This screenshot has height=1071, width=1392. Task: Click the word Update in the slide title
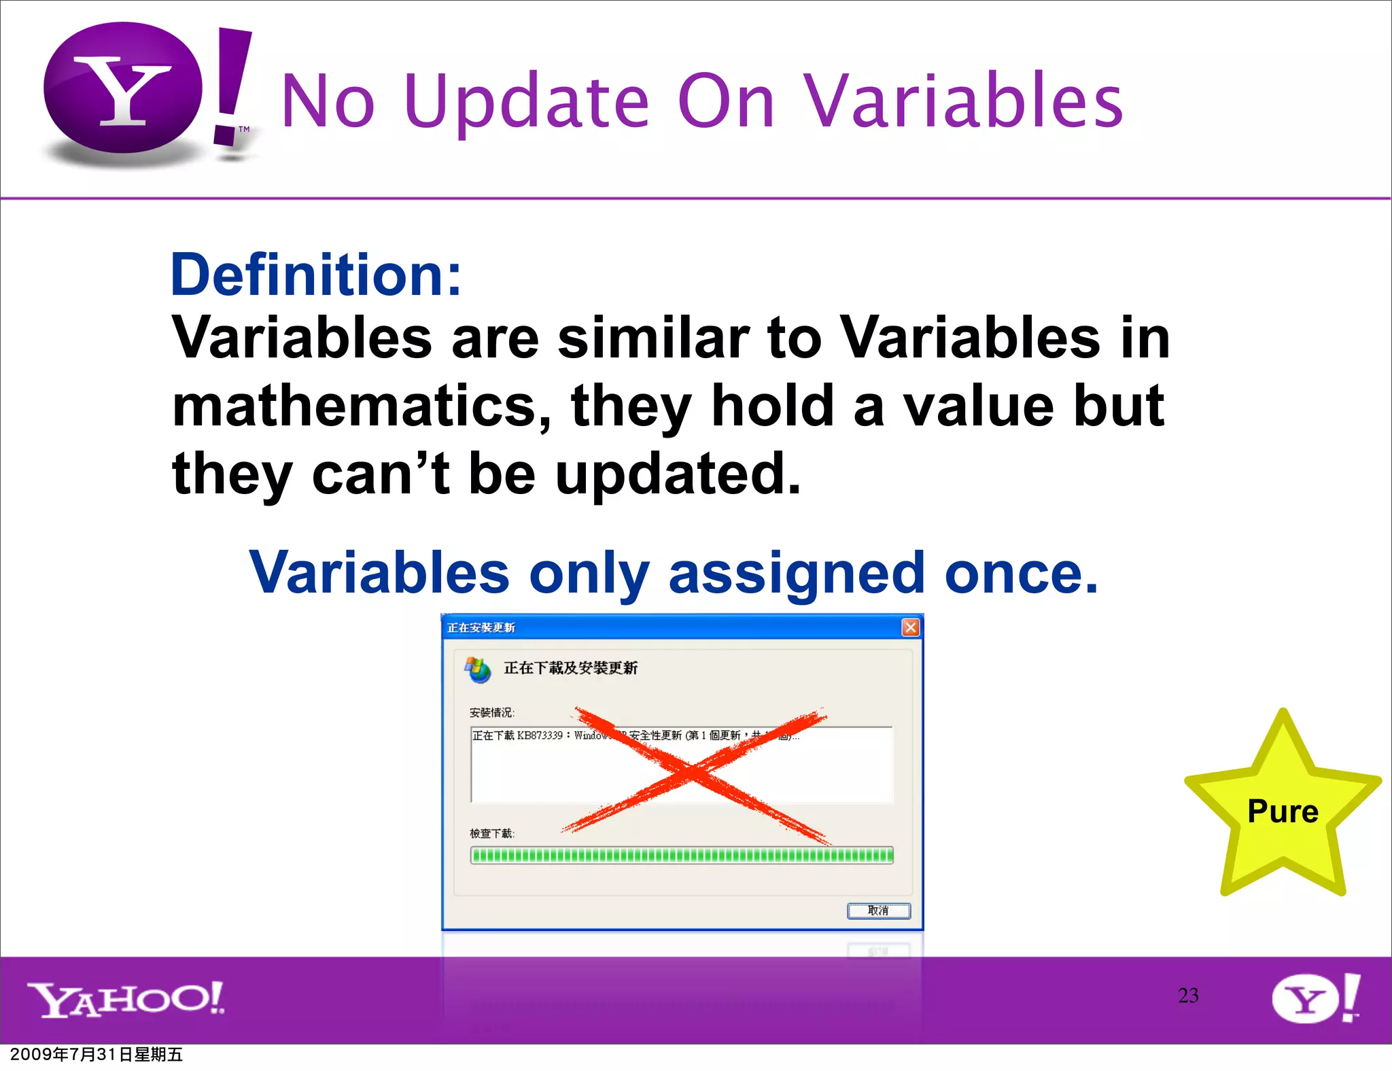527,102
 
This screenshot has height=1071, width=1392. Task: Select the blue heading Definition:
316,275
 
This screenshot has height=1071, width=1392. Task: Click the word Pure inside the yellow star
1283,811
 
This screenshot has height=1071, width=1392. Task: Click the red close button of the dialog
910,627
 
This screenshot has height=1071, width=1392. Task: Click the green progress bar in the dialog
682,855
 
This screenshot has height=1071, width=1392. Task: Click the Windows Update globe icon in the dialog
477,669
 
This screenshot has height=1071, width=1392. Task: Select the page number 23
1188,996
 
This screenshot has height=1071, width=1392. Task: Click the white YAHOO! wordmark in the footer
126,999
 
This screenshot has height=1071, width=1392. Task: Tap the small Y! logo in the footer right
1315,998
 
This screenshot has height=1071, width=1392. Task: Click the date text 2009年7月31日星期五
97,1055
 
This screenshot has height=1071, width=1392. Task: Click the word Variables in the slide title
963,102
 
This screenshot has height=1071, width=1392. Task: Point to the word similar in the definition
653,338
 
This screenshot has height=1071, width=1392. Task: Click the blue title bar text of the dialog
481,627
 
